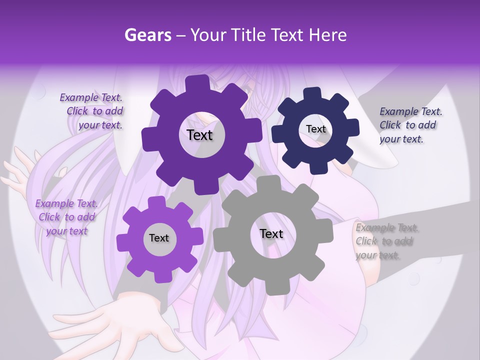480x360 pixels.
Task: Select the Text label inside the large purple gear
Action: pos(199,135)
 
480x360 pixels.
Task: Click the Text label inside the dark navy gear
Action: pos(315,129)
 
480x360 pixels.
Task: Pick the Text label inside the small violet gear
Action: pos(159,238)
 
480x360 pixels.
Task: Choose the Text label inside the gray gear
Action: pos(271,233)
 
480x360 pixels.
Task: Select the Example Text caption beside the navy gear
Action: pos(409,125)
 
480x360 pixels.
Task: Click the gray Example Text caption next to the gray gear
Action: pos(386,241)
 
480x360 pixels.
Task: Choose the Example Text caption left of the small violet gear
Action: pos(66,217)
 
